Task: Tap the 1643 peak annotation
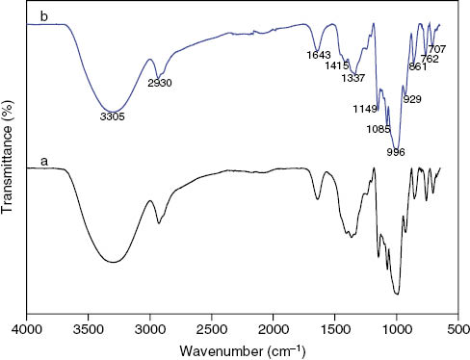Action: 318,54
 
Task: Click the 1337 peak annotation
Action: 353,78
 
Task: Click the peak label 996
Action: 395,151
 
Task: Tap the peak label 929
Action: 414,99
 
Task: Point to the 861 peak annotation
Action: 418,67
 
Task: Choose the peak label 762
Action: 430,59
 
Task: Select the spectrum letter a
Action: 42,163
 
